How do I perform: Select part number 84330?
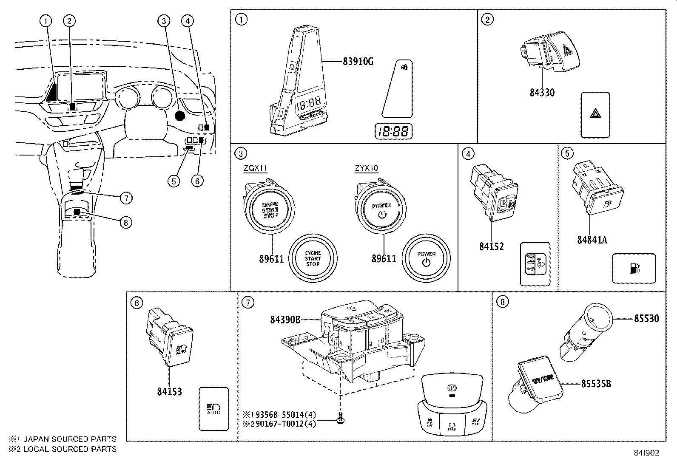pos(542,92)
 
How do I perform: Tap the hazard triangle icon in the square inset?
pos(595,114)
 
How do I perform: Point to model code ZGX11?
pos(255,168)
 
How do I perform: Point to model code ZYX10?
pos(366,168)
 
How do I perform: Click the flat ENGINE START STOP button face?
pos(313,258)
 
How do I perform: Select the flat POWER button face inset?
pos(426,258)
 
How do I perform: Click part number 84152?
pos(491,246)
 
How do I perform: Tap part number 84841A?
pos(592,240)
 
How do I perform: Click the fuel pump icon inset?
pos(634,269)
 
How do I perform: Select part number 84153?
pos(169,391)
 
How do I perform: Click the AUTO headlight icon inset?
pos(213,408)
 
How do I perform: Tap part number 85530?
pos(646,318)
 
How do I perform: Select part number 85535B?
pos(596,383)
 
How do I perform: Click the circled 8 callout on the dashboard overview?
pos(125,221)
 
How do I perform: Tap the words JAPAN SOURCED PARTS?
pos(69,439)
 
